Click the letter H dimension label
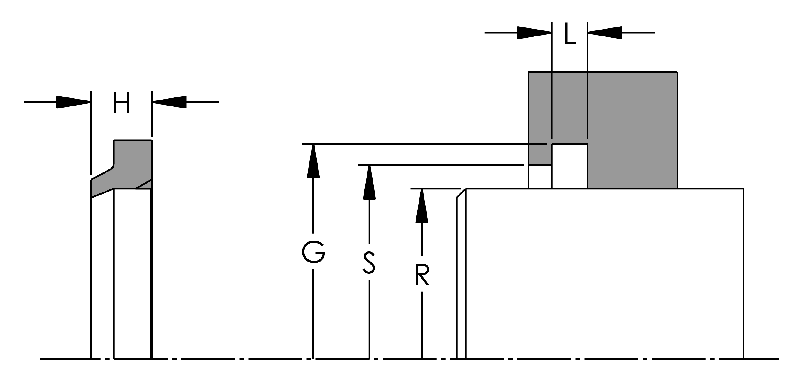pos(122,103)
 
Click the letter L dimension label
pos(570,33)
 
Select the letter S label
pos(369,262)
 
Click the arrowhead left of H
pos(74,102)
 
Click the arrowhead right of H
pos(169,102)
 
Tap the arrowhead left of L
pos(534,33)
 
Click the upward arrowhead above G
pos(313,161)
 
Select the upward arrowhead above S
pos(369,182)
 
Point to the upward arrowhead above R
pos(422,205)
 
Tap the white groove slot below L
pos(569,166)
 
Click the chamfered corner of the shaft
pos(461,193)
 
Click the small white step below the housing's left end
pos(540,177)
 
